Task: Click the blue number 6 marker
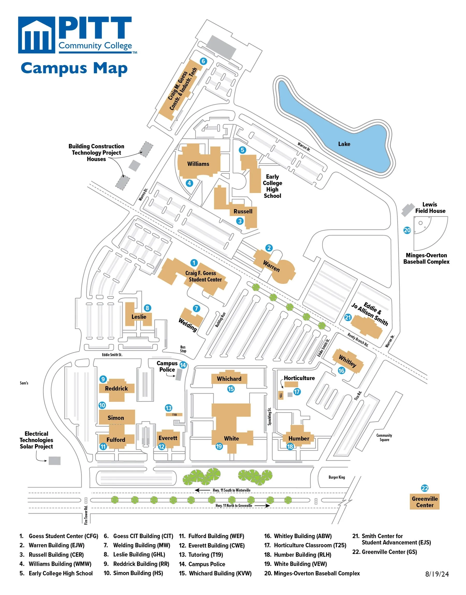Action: point(203,61)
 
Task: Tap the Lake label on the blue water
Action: point(344,144)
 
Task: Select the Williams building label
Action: point(198,164)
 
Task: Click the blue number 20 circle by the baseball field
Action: point(407,230)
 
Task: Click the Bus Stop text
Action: point(183,349)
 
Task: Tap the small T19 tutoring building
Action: point(174,415)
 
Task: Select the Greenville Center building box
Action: point(425,502)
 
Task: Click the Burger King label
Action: point(337,477)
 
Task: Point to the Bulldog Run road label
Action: point(221,320)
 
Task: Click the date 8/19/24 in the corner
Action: point(437,574)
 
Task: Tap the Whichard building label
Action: point(229,379)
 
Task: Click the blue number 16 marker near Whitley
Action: point(341,371)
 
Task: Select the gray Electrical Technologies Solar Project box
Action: point(55,461)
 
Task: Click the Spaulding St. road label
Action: point(270,417)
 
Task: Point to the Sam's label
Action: point(24,383)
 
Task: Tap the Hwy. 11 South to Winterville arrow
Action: point(202,490)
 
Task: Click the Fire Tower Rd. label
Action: point(86,515)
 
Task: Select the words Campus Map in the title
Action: point(74,68)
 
